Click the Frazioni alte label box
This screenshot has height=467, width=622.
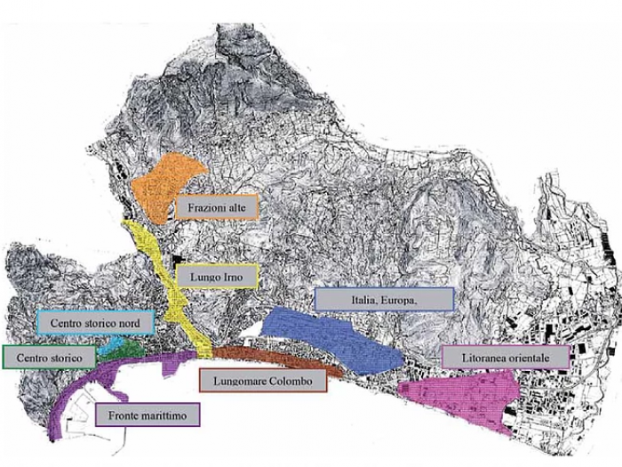[x=216, y=207]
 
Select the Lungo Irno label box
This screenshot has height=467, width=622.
[x=216, y=277]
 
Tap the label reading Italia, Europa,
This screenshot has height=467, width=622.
[x=384, y=300]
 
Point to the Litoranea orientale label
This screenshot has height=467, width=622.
[x=504, y=357]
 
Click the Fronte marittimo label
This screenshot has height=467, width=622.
[x=147, y=414]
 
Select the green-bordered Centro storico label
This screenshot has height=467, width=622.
[x=49, y=358]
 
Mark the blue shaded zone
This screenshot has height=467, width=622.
[x=333, y=334]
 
